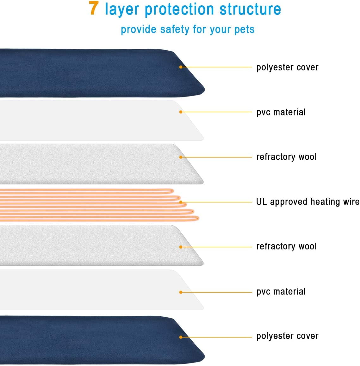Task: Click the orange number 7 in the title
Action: [x=94, y=8]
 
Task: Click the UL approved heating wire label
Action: [x=308, y=202]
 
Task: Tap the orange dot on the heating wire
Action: [x=181, y=202]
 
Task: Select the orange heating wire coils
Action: [x=99, y=205]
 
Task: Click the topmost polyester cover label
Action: [x=287, y=67]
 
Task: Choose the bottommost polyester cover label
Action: [x=287, y=336]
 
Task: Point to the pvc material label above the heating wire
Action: [x=281, y=112]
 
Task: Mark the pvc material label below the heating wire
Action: [x=281, y=292]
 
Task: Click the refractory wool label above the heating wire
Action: [x=287, y=157]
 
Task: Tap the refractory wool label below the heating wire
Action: [x=287, y=246]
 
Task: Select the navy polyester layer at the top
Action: [x=102, y=73]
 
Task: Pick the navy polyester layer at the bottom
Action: [x=102, y=340]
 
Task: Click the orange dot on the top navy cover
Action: [x=181, y=67]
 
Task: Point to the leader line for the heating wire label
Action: [x=216, y=202]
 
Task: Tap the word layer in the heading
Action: [x=122, y=9]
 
